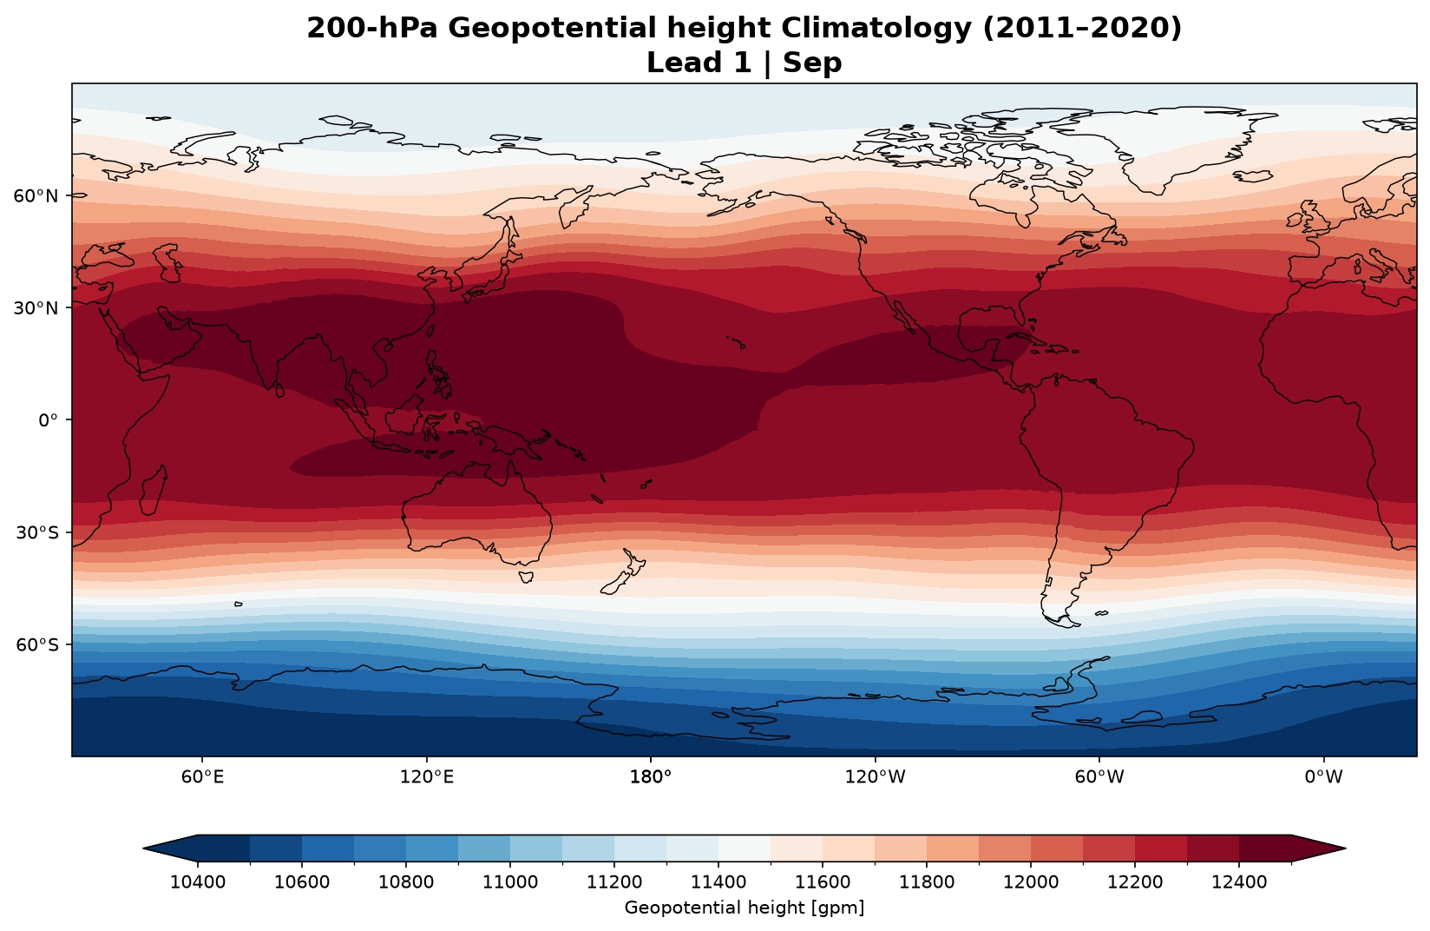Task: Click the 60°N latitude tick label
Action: point(35,195)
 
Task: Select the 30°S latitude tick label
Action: point(36,532)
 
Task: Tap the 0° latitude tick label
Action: point(48,420)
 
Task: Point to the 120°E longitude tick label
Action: point(426,776)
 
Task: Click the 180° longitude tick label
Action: point(651,776)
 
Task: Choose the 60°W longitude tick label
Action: point(1099,776)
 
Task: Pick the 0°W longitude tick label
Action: point(1323,776)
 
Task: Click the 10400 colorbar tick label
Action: point(197,882)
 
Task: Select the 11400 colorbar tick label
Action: point(718,882)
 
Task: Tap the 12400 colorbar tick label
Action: point(1239,882)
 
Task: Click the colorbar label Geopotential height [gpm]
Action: point(745,908)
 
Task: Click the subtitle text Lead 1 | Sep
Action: point(745,63)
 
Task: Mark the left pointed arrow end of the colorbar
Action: point(144,848)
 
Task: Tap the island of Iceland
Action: point(1252,175)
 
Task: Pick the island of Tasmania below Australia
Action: point(526,577)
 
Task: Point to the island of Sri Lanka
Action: point(279,390)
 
